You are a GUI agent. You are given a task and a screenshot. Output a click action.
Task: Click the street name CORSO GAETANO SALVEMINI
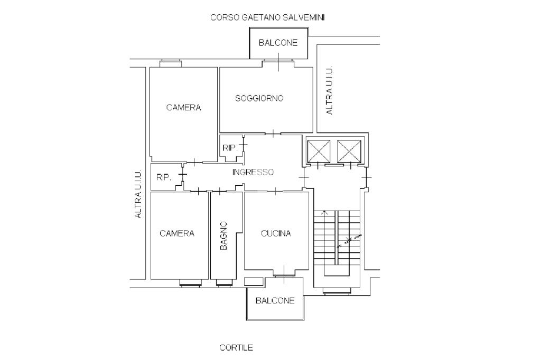pyautogui.click(x=267, y=17)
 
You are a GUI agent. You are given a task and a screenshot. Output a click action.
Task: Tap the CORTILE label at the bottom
pyautogui.click(x=236, y=347)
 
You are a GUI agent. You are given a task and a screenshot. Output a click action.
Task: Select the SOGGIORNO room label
pyautogui.click(x=259, y=98)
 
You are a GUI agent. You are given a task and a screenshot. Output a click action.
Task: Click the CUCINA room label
pyautogui.click(x=276, y=233)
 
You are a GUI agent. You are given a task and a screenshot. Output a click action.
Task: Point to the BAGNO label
pyautogui.click(x=223, y=235)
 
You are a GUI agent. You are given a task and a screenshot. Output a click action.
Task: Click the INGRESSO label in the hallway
pyautogui.click(x=253, y=172)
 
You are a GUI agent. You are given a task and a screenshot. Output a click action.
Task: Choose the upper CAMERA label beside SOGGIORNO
pyautogui.click(x=183, y=108)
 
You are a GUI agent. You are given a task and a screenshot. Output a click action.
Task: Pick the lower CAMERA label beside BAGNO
pyautogui.click(x=177, y=233)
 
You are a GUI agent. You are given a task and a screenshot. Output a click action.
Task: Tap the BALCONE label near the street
pyautogui.click(x=278, y=43)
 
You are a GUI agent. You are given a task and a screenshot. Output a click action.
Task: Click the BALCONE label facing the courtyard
pyautogui.click(x=275, y=300)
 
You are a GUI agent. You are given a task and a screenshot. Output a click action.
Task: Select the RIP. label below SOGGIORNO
pyautogui.click(x=230, y=148)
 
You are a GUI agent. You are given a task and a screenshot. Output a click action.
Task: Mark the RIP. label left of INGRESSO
pyautogui.click(x=164, y=177)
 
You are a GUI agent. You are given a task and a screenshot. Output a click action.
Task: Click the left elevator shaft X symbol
pyautogui.click(x=319, y=151)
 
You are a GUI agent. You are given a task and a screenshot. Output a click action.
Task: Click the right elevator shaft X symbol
pyautogui.click(x=349, y=151)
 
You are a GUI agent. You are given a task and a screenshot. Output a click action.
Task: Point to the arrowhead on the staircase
pyautogui.click(x=324, y=212)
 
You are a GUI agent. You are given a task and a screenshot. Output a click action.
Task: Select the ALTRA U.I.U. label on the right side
pyautogui.click(x=330, y=90)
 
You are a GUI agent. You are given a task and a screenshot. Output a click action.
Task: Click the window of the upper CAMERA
pyautogui.click(x=171, y=63)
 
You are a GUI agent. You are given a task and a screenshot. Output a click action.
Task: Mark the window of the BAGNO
pyautogui.click(x=225, y=283)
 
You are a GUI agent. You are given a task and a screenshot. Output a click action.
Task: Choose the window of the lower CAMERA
pyautogui.click(x=190, y=283)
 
